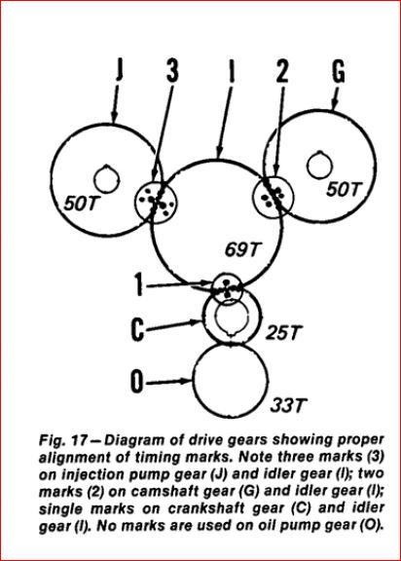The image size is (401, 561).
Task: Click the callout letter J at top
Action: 120,69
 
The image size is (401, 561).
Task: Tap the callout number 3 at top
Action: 172,69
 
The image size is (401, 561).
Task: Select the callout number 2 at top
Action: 282,69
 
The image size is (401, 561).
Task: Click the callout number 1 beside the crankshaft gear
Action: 139,284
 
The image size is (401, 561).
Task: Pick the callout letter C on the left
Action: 137,329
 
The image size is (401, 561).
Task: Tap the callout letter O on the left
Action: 137,382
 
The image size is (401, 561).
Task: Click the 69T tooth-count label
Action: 241,249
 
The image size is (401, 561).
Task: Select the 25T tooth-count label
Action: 284,332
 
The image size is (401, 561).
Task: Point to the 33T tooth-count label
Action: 289,405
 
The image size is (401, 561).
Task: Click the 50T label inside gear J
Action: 81,204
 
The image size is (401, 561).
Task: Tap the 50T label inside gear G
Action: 345,189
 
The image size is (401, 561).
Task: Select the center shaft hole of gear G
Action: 319,165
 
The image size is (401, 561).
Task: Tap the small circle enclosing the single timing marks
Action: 213,288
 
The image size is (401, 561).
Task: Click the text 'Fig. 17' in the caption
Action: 63,440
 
